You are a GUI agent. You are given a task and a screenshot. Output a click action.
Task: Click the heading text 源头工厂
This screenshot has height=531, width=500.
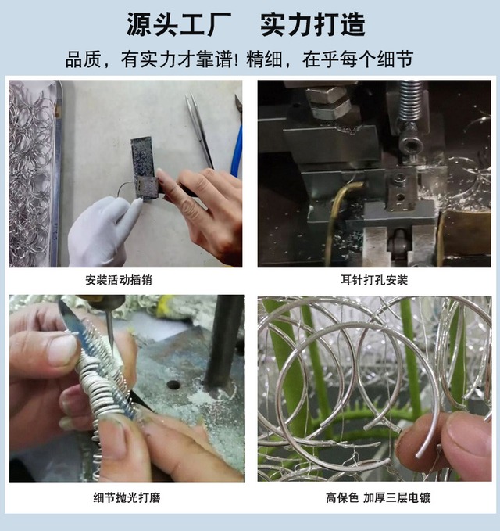click(x=179, y=24)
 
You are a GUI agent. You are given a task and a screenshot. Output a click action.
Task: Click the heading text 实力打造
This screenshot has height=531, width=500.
click(x=312, y=24)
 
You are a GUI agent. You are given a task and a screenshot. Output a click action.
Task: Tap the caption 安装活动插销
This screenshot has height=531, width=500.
click(x=119, y=280)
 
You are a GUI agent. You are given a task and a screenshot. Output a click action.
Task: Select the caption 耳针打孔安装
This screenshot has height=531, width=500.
click(x=373, y=280)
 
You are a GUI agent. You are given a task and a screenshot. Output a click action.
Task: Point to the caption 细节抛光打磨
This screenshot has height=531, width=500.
click(x=127, y=497)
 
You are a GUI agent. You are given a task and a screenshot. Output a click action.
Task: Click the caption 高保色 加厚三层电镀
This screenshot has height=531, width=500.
click(x=378, y=498)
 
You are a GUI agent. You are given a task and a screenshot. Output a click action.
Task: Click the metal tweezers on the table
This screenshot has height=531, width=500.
click(x=199, y=131)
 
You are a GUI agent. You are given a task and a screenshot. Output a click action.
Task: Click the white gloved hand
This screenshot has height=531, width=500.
click(x=102, y=230)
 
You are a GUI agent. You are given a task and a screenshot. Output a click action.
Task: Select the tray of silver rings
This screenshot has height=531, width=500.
click(x=34, y=174)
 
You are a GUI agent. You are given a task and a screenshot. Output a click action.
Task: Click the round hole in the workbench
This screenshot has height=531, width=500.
click(x=173, y=384)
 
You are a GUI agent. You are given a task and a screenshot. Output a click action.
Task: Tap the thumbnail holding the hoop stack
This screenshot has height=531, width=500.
click(x=62, y=350)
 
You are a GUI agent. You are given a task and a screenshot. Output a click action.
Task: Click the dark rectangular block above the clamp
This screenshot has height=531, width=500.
click(x=142, y=156)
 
